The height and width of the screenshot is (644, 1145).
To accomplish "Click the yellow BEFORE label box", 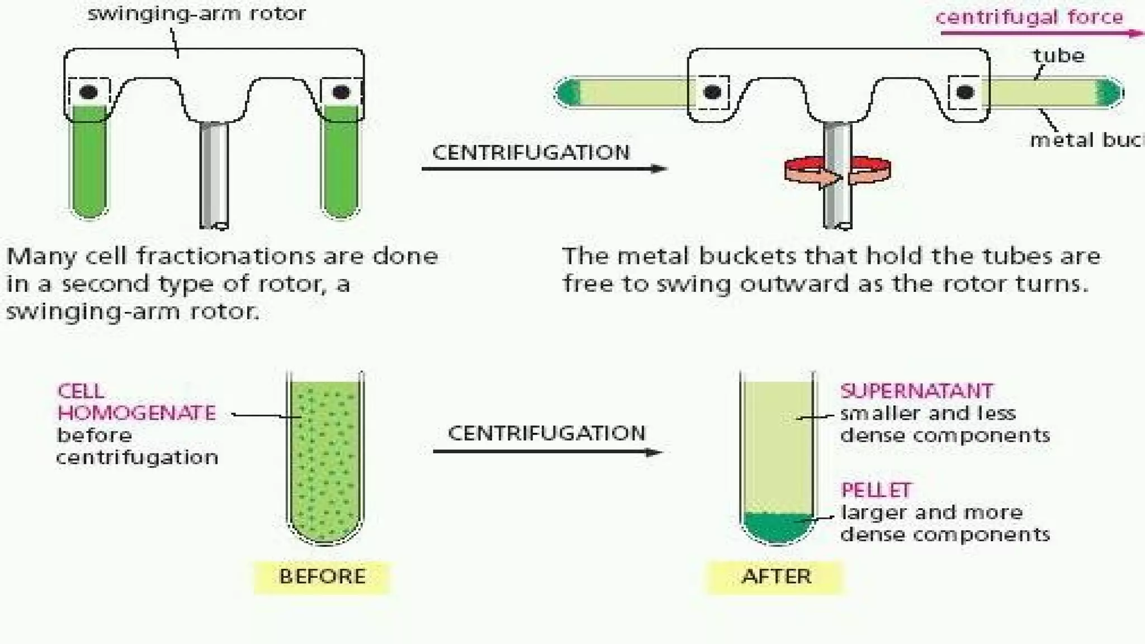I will point(322,577).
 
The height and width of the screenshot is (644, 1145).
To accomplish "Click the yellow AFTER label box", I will point(775,577).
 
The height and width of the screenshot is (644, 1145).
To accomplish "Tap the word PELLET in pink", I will point(876,490).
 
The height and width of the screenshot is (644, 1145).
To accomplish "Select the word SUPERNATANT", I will point(917,391).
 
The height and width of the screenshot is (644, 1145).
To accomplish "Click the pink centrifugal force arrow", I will point(1040,34).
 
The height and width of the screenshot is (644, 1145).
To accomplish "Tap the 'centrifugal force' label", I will point(1029,17).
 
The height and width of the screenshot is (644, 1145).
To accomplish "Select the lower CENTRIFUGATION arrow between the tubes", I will point(548,452).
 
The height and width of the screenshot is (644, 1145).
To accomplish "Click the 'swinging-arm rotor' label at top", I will point(197,13).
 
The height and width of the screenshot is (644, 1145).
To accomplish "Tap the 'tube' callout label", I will point(1058,55).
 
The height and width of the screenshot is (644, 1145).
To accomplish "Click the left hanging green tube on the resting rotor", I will point(89,162).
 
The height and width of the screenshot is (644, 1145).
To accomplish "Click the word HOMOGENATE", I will point(136,413).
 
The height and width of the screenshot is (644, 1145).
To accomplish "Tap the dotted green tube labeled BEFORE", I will point(325,458).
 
